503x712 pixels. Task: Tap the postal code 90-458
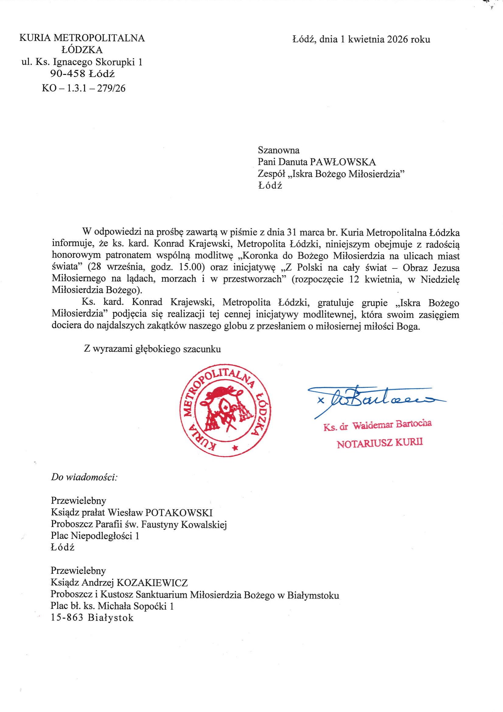68,74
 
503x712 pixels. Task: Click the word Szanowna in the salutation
279,150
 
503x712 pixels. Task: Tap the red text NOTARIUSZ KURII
379,443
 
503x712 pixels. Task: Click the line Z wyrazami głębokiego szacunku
152,349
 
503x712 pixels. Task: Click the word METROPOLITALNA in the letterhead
99,38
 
